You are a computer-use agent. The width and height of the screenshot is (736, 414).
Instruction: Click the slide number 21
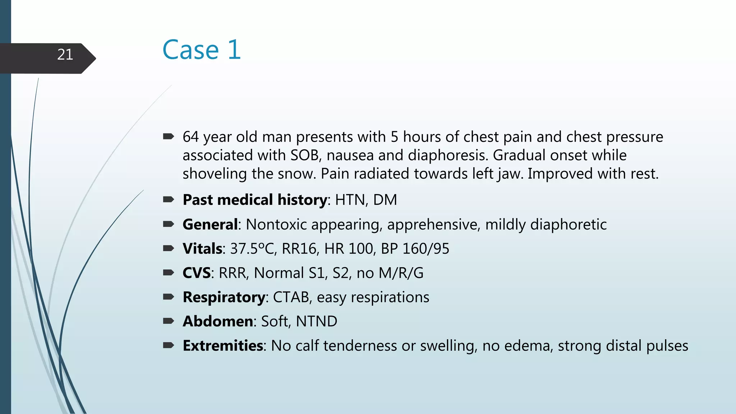pyautogui.click(x=65, y=55)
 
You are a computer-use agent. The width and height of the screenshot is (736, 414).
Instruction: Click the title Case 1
pyautogui.click(x=201, y=50)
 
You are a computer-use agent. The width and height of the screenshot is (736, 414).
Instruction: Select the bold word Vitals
pyautogui.click(x=202, y=249)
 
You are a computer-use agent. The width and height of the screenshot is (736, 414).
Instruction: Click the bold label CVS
pyautogui.click(x=196, y=273)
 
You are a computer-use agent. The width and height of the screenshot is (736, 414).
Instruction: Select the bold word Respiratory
pyautogui.click(x=224, y=298)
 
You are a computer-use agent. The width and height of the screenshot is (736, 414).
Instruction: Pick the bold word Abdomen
pyautogui.click(x=218, y=321)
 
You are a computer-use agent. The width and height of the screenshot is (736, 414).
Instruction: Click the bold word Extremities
pyautogui.click(x=223, y=346)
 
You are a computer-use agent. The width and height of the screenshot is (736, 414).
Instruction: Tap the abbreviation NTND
pyautogui.click(x=316, y=321)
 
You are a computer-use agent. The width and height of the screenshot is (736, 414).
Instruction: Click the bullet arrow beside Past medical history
pyautogui.click(x=169, y=199)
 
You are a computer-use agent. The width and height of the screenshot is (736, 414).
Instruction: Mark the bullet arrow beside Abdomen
pyautogui.click(x=169, y=321)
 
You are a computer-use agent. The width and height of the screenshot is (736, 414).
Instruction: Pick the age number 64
pyautogui.click(x=190, y=137)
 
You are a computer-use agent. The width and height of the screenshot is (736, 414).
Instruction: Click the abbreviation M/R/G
pyautogui.click(x=401, y=273)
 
